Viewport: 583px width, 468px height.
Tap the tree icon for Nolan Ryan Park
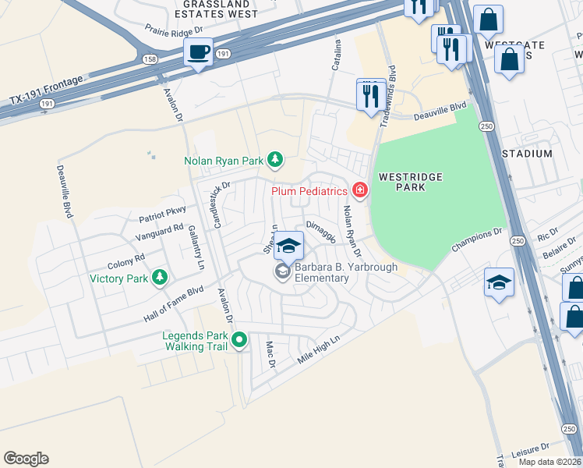click(274, 160)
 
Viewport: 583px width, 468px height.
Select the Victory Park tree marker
click(159, 277)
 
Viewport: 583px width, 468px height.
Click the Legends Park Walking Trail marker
click(240, 340)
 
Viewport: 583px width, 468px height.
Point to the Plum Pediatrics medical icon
click(359, 190)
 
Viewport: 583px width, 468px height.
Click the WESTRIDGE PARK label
click(411, 182)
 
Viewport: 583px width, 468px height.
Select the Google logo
click(26, 458)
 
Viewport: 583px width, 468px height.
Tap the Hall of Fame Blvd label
click(173, 304)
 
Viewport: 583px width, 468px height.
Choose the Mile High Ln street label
click(320, 351)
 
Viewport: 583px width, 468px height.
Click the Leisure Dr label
click(532, 452)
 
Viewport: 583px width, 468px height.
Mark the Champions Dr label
click(478, 240)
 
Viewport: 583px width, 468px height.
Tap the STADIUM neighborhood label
click(527, 154)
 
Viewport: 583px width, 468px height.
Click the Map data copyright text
click(549, 462)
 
